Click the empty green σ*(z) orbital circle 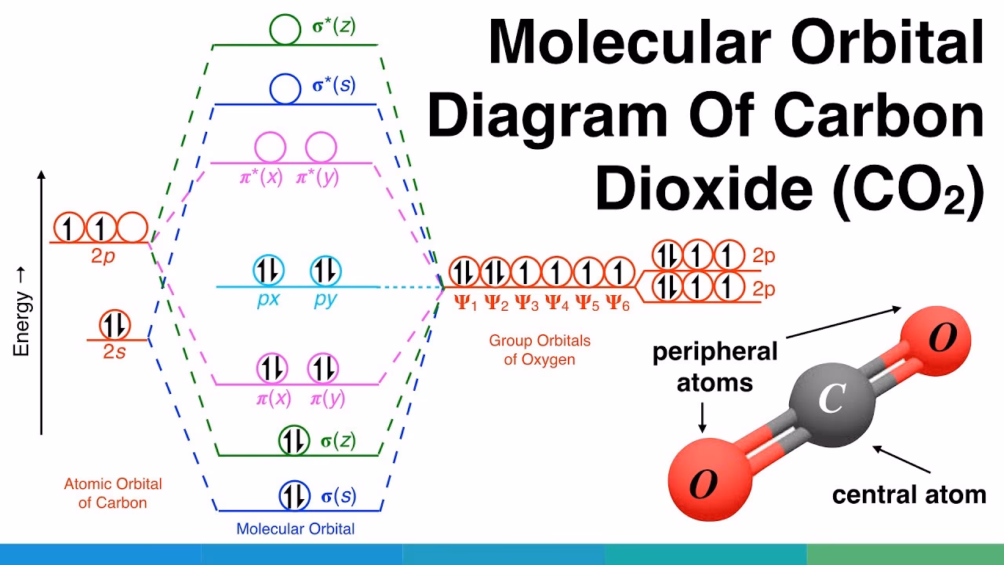tap(270, 30)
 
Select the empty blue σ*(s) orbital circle tap(270, 89)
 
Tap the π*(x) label tap(261, 178)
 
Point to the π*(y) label tap(318, 178)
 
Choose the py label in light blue tap(326, 299)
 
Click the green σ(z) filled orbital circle tap(294, 440)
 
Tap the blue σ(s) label tap(339, 497)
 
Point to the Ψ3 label tap(526, 304)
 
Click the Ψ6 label tap(617, 304)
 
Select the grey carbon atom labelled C tap(832, 404)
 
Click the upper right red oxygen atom tap(936, 341)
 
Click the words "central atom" tap(909, 495)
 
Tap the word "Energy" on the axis tap(21, 324)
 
